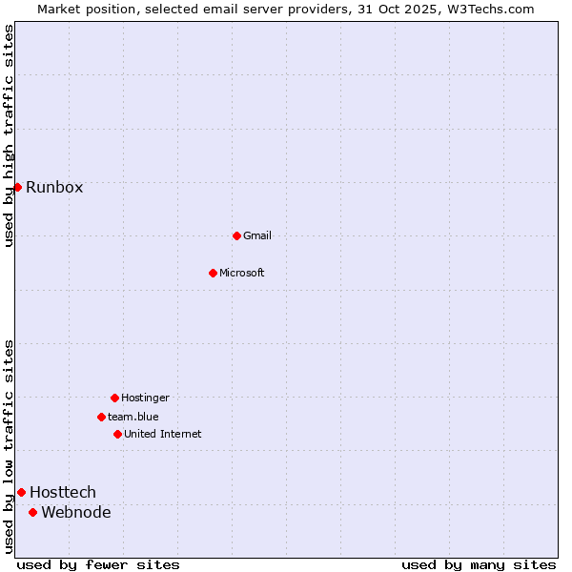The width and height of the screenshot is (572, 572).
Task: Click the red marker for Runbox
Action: coord(17,187)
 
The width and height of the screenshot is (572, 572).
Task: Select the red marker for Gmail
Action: coord(236,235)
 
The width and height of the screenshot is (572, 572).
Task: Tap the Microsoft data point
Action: coord(213,273)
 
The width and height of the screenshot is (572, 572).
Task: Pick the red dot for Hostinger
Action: coord(114,398)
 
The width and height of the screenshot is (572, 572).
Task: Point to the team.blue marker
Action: coord(101,417)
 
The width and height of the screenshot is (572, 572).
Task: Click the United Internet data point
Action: coord(117,434)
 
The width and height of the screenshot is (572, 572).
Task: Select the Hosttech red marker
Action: coord(21,492)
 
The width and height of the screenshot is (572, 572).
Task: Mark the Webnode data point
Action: coord(32,512)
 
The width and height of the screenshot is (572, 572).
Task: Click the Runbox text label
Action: coord(54,187)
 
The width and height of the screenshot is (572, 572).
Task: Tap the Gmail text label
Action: coord(257,235)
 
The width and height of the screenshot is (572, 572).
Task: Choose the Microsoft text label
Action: coord(242,273)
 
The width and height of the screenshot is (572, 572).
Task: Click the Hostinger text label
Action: coord(145,398)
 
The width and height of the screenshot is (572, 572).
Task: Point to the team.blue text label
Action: coord(133,417)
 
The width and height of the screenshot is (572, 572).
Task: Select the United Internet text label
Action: coord(163,434)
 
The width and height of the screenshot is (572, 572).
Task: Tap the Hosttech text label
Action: coord(63,492)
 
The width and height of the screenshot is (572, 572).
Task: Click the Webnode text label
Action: coord(76,512)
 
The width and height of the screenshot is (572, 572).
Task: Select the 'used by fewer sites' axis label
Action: coord(98,564)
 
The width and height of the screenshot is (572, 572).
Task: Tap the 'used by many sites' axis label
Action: coord(479,564)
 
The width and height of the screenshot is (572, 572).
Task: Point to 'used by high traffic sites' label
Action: coord(9,135)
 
